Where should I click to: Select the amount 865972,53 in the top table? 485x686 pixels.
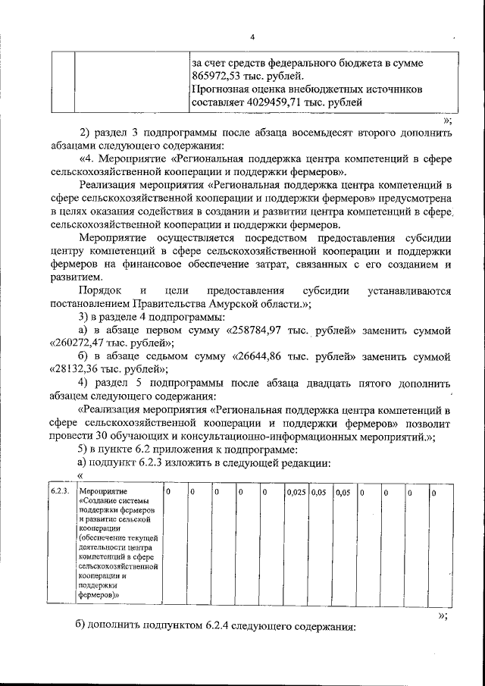[216, 76]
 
